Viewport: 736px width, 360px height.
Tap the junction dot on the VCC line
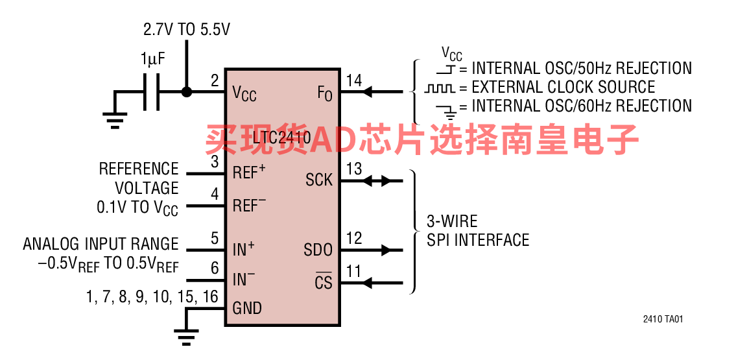pyautogui.click(x=187, y=91)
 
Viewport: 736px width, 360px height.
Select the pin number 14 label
pyautogui.click(x=354, y=80)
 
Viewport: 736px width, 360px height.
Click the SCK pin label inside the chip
pyautogui.click(x=318, y=180)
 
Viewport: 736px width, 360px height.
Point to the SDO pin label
pyautogui.click(x=318, y=250)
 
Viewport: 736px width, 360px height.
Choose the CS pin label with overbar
pyautogui.click(x=323, y=282)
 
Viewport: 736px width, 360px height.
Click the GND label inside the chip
pyautogui.click(x=247, y=307)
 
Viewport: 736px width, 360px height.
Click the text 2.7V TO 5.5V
pyautogui.click(x=187, y=29)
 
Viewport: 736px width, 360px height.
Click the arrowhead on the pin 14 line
pyautogui.click(x=368, y=92)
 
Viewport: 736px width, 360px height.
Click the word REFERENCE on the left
pyautogui.click(x=138, y=169)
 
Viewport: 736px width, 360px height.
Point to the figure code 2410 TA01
pyautogui.click(x=663, y=320)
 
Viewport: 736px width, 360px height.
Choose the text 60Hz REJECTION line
pyautogui.click(x=582, y=106)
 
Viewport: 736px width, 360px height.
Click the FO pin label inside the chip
pyautogui.click(x=324, y=94)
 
